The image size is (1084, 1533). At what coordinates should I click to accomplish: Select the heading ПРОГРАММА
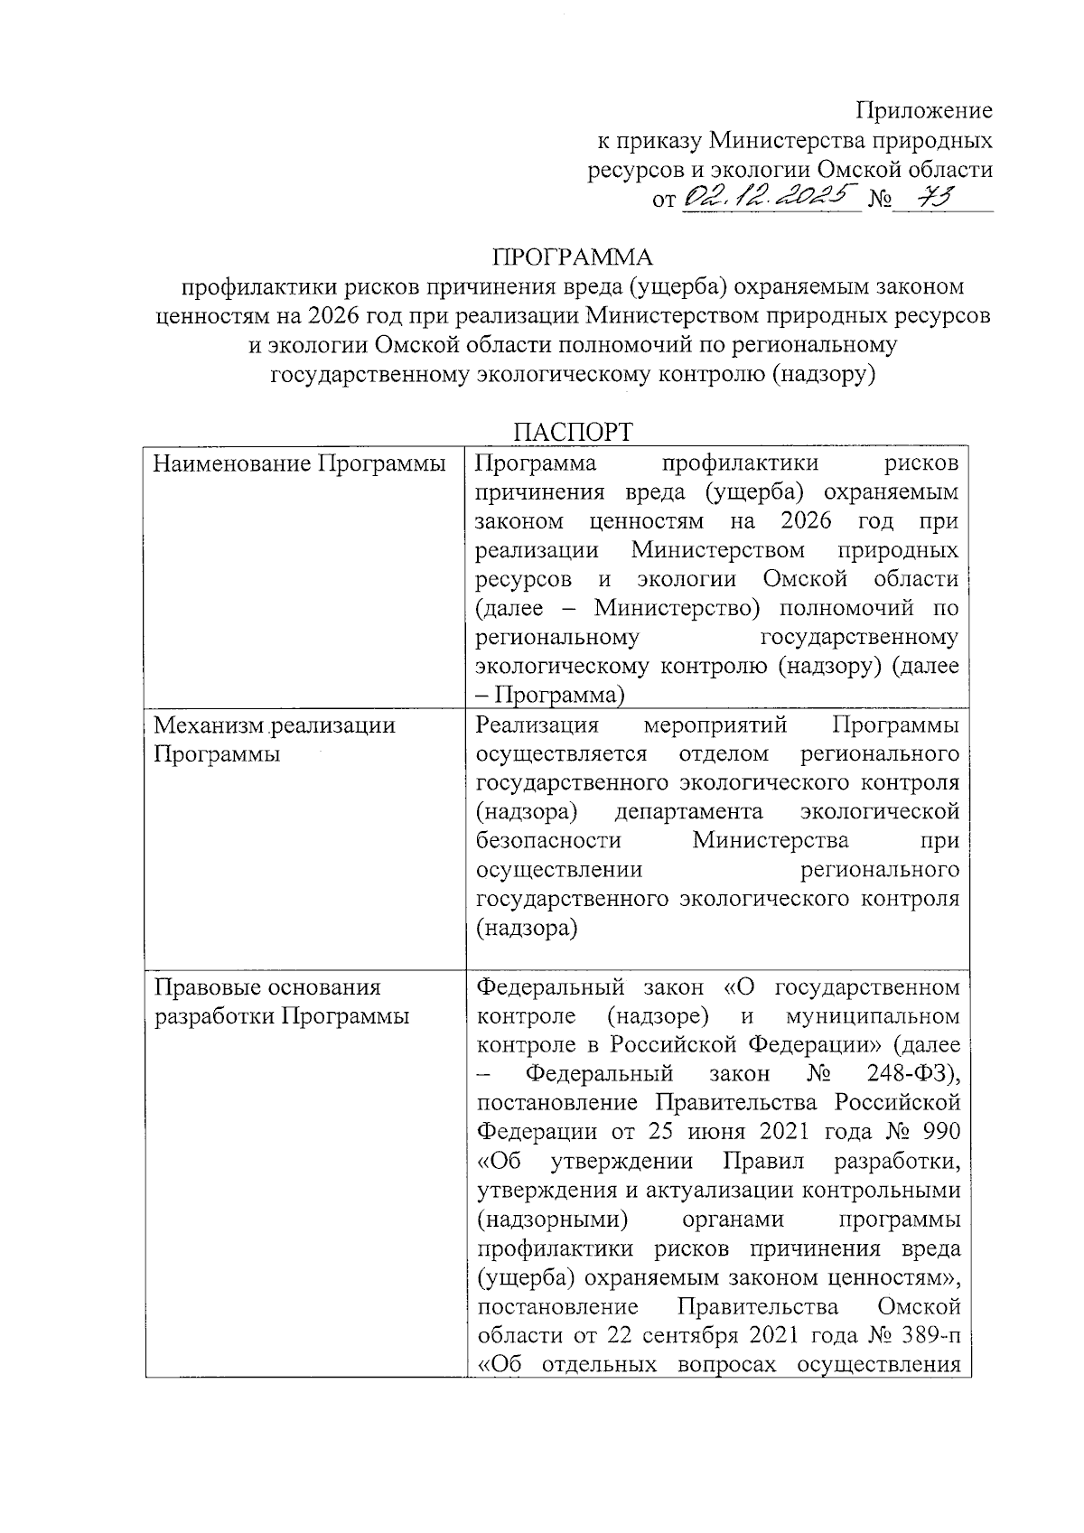[572, 257]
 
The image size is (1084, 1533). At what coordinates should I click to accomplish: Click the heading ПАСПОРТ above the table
[573, 432]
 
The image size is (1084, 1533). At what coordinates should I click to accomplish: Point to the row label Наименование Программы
[300, 463]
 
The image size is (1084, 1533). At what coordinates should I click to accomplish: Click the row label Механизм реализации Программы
[275, 739]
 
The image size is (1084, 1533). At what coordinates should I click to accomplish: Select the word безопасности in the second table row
[548, 841]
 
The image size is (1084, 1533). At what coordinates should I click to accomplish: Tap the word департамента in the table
[688, 811]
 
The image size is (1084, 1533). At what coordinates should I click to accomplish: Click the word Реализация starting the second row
[537, 725]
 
